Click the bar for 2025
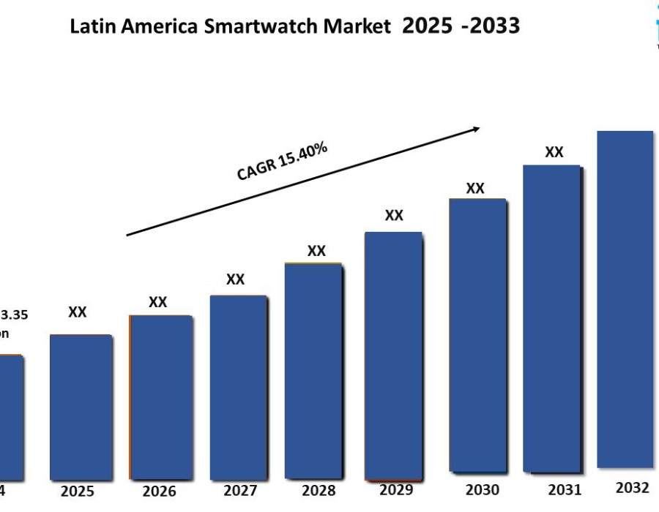(81, 407)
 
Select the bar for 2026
(160, 397)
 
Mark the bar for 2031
(551, 318)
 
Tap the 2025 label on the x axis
(78, 491)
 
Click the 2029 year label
(395, 489)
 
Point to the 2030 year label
(482, 489)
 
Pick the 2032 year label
(632, 487)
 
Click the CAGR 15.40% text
(282, 161)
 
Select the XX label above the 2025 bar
(78, 312)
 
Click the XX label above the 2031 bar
(554, 152)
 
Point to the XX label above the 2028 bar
(316, 251)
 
